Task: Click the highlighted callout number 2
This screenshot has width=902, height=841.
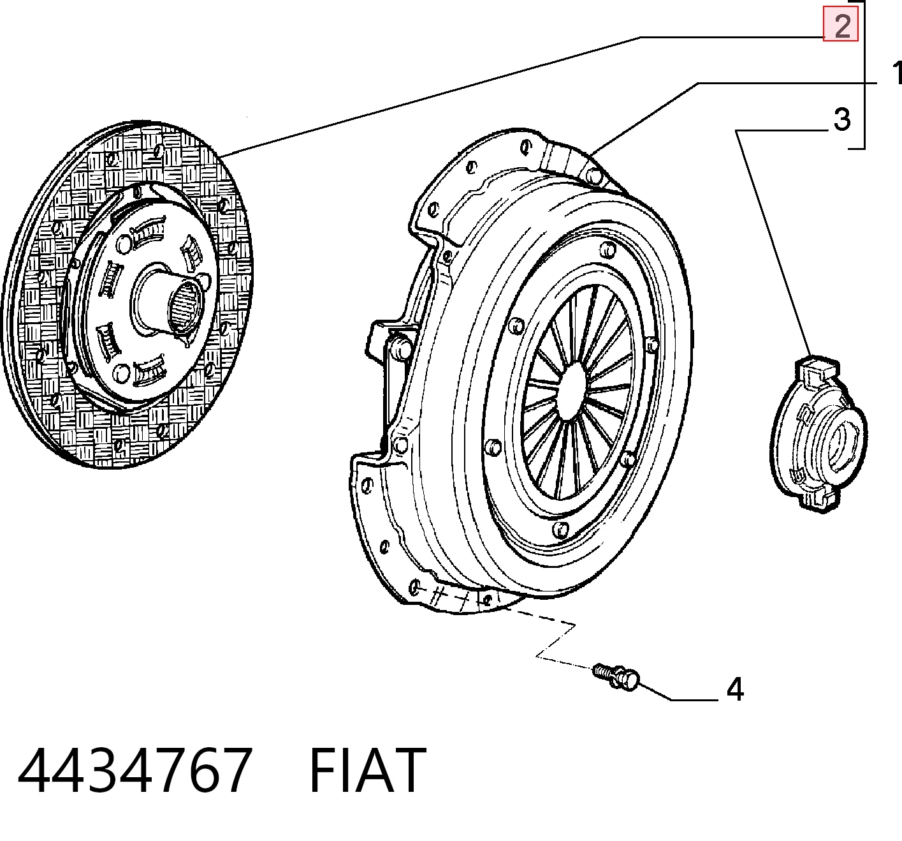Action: [x=841, y=26]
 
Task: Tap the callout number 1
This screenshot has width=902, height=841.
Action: [x=896, y=73]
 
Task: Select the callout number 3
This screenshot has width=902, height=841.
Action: [x=842, y=120]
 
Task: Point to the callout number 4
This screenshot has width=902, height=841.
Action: [x=736, y=690]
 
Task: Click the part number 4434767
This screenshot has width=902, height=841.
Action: [x=135, y=771]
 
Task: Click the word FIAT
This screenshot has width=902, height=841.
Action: [x=368, y=771]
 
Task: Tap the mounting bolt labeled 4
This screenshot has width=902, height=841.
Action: [x=616, y=678]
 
